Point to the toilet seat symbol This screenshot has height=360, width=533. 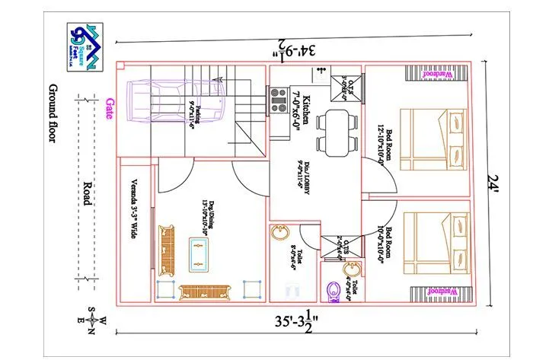point(333,292)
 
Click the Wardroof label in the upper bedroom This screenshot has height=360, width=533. point(439,74)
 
